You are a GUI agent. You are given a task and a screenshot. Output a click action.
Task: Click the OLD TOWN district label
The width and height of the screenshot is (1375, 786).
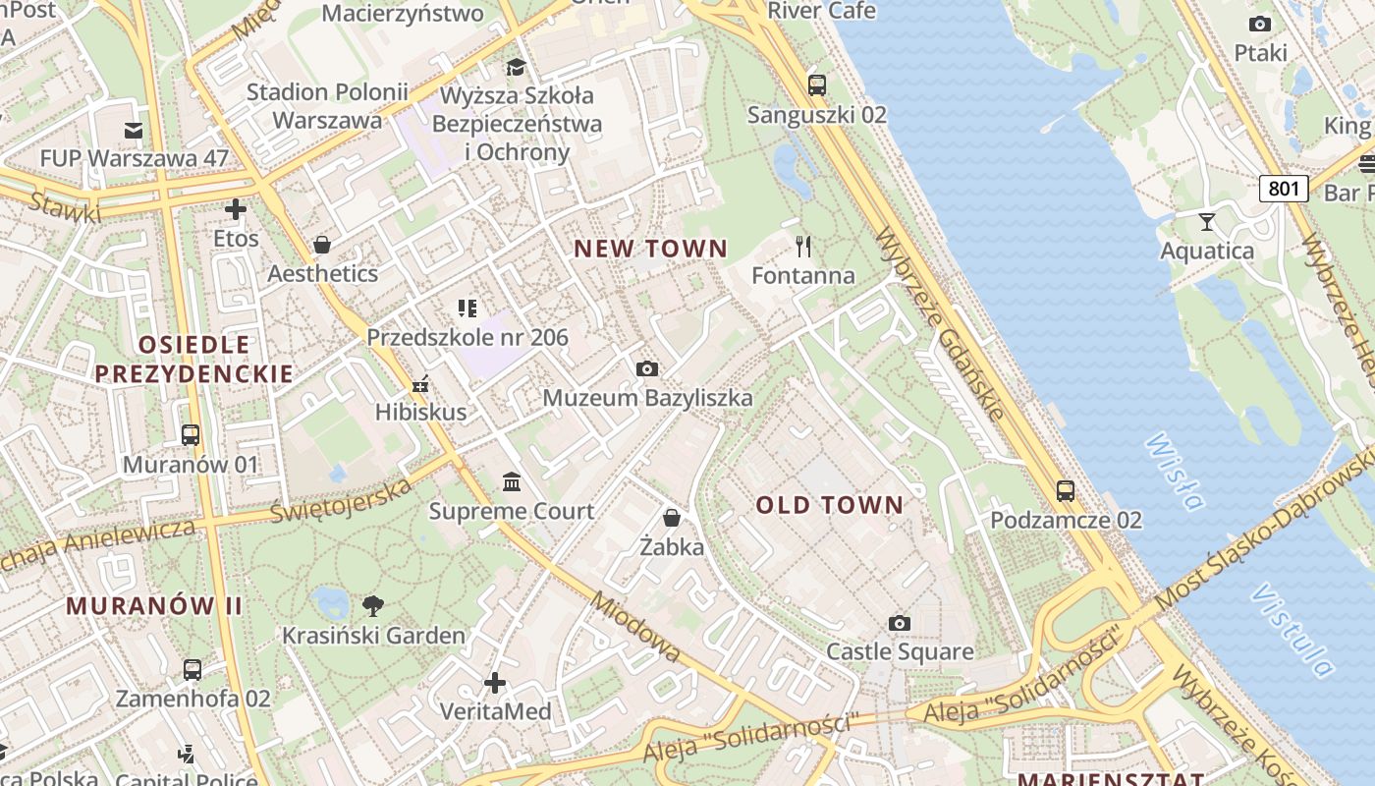pyautogui.click(x=830, y=506)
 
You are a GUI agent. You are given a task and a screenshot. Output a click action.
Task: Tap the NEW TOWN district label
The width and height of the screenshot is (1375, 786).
pyautogui.click(x=650, y=249)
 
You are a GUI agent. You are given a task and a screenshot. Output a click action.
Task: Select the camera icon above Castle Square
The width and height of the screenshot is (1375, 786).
pyautogui.click(x=899, y=623)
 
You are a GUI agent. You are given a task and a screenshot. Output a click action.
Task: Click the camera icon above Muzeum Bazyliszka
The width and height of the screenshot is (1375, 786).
pyautogui.click(x=646, y=368)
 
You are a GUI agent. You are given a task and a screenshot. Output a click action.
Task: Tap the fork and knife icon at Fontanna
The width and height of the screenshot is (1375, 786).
pyautogui.click(x=803, y=246)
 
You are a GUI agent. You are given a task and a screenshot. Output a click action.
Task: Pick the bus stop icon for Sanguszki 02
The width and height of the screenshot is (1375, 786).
pyautogui.click(x=817, y=85)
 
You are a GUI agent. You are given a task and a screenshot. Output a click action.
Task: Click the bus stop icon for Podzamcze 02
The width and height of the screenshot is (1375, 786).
pyautogui.click(x=1066, y=490)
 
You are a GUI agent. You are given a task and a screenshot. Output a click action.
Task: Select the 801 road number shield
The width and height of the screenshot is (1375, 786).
pyautogui.click(x=1284, y=188)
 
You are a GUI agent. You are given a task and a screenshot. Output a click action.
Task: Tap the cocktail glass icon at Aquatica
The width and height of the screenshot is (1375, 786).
pyautogui.click(x=1207, y=221)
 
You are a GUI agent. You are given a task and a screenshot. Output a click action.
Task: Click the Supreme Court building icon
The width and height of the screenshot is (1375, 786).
pyautogui.click(x=512, y=481)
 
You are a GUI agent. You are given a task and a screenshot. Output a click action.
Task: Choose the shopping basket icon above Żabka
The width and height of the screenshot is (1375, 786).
pyautogui.click(x=672, y=517)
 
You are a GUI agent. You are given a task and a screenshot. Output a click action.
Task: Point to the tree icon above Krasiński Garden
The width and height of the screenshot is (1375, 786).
pyautogui.click(x=372, y=605)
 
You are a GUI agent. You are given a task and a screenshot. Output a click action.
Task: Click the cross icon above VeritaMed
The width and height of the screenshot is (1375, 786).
pyautogui.click(x=495, y=682)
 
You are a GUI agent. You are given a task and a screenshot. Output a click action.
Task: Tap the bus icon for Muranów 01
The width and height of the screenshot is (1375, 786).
pyautogui.click(x=191, y=434)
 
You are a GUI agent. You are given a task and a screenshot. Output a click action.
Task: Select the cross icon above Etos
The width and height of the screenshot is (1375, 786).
pyautogui.click(x=236, y=209)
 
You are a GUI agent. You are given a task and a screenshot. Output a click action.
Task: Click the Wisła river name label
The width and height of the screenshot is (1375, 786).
pyautogui.click(x=1175, y=472)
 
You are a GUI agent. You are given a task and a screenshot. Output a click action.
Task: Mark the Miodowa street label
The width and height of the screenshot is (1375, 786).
pyautogui.click(x=636, y=628)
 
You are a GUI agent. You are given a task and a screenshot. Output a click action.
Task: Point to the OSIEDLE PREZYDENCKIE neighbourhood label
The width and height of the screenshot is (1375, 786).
pyautogui.click(x=193, y=359)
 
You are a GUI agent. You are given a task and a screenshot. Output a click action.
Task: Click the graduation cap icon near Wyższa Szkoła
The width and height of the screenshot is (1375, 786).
pyautogui.click(x=516, y=67)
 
